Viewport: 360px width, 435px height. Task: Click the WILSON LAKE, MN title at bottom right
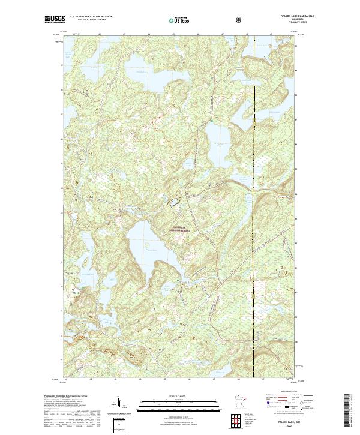[x=283, y=422]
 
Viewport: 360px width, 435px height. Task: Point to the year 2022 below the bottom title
[x=283, y=426]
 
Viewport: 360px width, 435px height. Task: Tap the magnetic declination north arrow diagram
[x=118, y=403]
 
